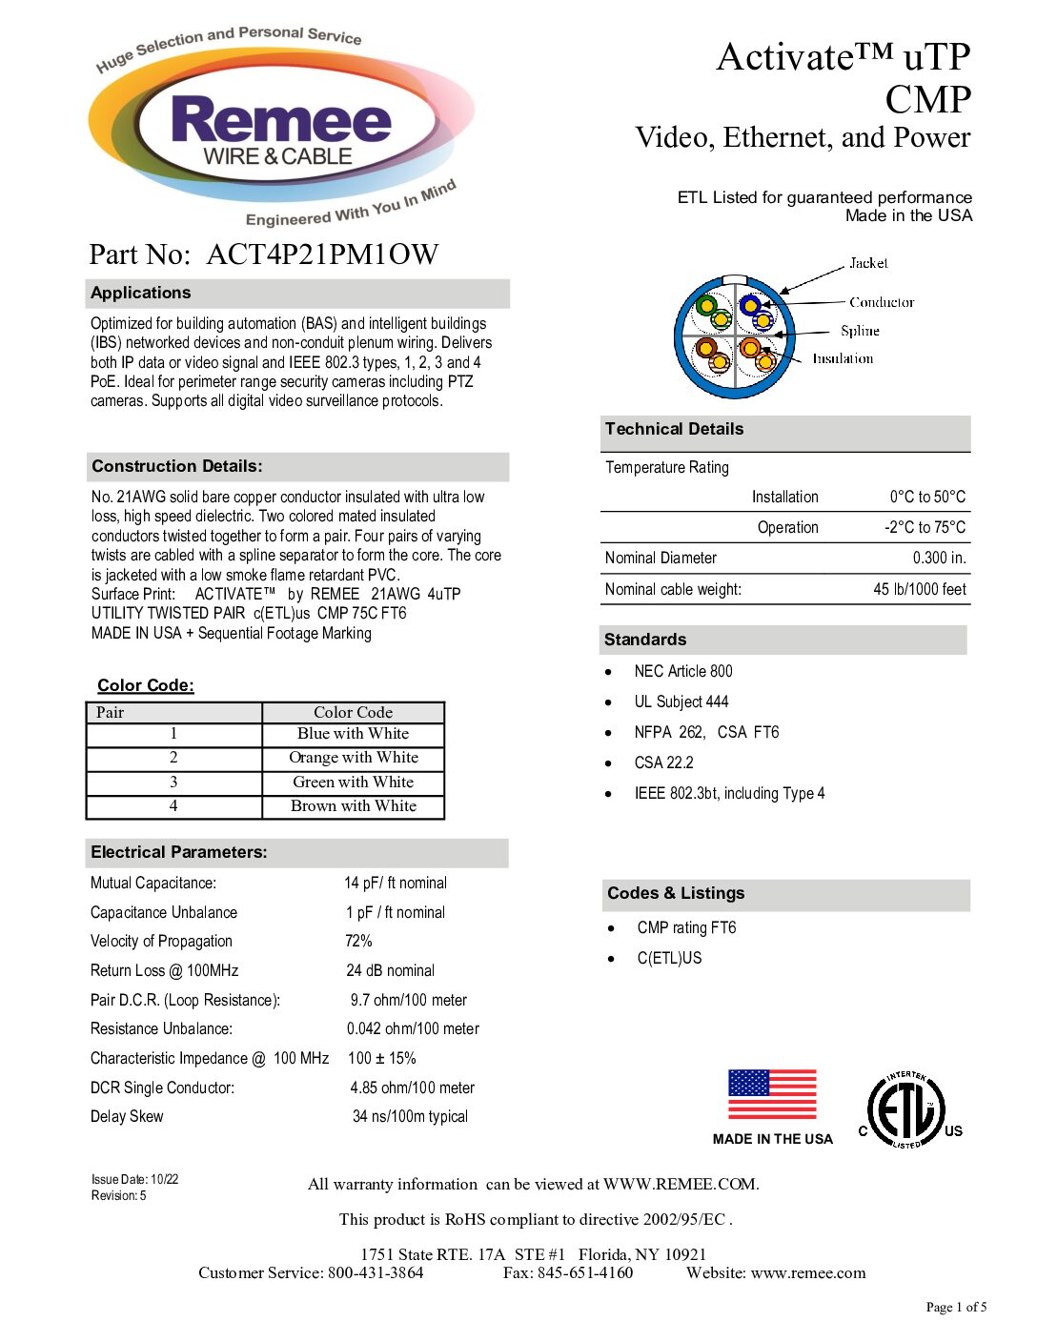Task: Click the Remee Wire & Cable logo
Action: tap(280, 129)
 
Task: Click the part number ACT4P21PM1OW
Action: tap(322, 254)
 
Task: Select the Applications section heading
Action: tap(141, 294)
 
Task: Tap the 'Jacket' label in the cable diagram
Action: tap(868, 263)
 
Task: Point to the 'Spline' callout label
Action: tap(860, 331)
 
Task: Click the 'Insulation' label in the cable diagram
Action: tap(843, 358)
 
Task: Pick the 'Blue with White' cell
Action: tap(353, 734)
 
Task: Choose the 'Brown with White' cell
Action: tap(353, 806)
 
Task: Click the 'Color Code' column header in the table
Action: tap(353, 712)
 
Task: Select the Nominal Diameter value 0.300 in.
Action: tap(939, 559)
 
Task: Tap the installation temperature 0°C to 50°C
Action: tap(927, 497)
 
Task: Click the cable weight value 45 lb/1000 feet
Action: tap(920, 589)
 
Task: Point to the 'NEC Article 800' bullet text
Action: tap(683, 671)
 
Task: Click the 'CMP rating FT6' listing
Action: tap(686, 927)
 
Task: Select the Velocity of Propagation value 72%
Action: tap(358, 941)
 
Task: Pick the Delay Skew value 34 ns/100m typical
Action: tap(410, 1116)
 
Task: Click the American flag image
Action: tap(772, 1094)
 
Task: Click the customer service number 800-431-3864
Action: tap(376, 1273)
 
